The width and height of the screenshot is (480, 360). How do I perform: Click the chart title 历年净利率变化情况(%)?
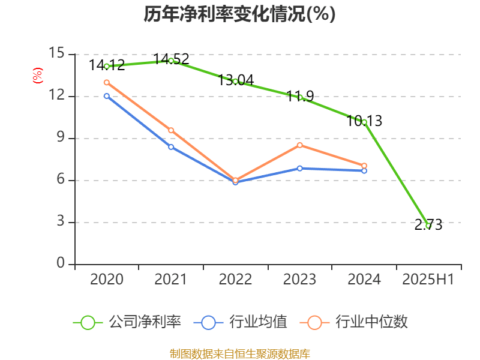[239, 14]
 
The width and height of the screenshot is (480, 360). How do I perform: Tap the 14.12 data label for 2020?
[107, 65]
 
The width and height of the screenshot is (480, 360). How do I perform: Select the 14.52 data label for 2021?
[171, 59]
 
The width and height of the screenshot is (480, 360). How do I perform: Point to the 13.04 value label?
[236, 80]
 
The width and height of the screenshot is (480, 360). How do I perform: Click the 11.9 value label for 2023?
[300, 95]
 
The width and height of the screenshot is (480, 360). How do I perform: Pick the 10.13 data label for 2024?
[364, 121]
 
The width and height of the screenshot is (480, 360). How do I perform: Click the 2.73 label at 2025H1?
[428, 225]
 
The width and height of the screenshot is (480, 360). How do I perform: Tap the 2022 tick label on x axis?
[235, 279]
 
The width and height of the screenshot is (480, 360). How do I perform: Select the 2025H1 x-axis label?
[428, 279]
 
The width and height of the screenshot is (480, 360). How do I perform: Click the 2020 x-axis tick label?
[107, 279]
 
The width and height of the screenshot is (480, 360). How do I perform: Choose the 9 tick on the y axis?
[61, 138]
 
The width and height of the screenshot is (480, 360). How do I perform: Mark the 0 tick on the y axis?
[61, 264]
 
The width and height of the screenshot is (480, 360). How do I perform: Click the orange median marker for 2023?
[299, 145]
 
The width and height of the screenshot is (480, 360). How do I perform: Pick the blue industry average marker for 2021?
[171, 147]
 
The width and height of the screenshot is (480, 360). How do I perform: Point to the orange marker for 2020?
[107, 82]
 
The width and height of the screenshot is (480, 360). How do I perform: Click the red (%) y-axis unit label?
[37, 75]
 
